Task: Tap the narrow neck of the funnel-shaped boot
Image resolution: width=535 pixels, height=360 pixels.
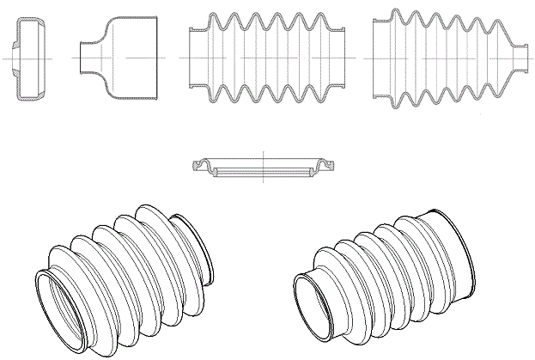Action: click(x=86, y=57)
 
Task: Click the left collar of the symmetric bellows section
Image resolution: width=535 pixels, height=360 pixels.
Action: click(x=194, y=57)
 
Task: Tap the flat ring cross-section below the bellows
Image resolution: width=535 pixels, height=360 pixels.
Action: click(x=262, y=169)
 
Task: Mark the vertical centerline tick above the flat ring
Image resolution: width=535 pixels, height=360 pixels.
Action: click(x=262, y=155)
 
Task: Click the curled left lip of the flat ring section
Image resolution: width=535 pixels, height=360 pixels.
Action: click(x=202, y=166)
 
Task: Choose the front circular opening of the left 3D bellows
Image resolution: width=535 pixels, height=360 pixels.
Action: click(x=60, y=304)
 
